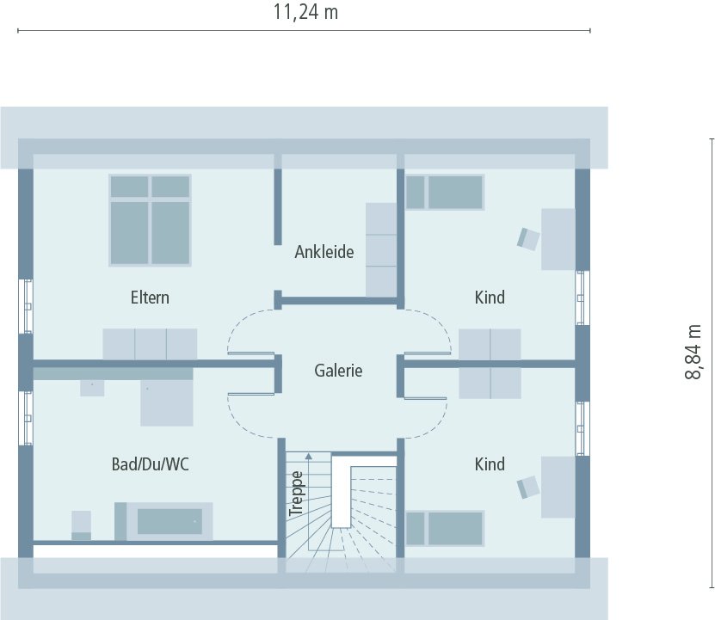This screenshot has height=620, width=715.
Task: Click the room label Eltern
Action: click(x=150, y=298)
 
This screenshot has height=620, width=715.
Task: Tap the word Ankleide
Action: click(x=324, y=252)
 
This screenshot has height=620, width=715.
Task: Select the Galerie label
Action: click(x=338, y=371)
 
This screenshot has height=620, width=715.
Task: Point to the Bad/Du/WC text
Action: click(x=151, y=464)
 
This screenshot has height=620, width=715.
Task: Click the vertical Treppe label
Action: click(x=296, y=493)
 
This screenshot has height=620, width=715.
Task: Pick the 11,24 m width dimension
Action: click(x=305, y=13)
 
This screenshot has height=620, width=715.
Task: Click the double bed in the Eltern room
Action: click(x=150, y=220)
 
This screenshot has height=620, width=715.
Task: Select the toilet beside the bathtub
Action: click(x=81, y=525)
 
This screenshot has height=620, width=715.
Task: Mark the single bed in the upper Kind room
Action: click(x=445, y=192)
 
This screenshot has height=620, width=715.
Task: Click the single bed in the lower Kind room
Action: click(x=445, y=528)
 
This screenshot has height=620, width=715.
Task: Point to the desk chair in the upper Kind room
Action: click(x=528, y=237)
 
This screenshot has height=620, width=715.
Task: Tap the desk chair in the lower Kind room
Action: click(x=528, y=487)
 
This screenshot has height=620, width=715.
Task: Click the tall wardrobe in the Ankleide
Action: click(x=381, y=249)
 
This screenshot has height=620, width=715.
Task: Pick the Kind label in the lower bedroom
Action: click(x=490, y=464)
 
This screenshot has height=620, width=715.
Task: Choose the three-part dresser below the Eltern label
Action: click(x=150, y=343)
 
